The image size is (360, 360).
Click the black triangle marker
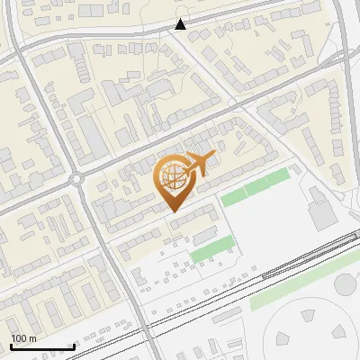[181, 24]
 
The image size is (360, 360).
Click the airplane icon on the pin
[200, 162]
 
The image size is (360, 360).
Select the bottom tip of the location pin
[172, 211]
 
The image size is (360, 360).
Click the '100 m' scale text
[23, 337]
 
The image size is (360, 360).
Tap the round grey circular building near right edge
[346, 284]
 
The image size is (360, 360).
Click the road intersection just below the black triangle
[180, 38]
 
